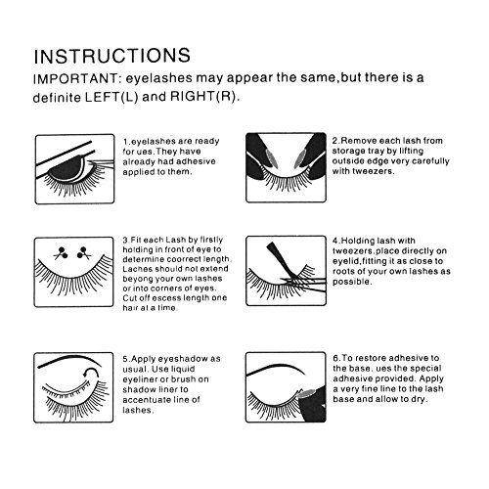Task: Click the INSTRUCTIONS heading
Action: pyautogui.click(x=112, y=56)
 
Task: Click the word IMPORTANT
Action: pyautogui.click(x=75, y=79)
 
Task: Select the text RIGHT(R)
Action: pyautogui.click(x=202, y=97)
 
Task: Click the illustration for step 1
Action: pyautogui.click(x=74, y=169)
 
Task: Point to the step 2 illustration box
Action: pyautogui.click(x=286, y=167)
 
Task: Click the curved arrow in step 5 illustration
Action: pyautogui.click(x=91, y=373)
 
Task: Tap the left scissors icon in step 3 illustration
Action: pyautogui.click(x=62, y=253)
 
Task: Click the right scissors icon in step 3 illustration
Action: pyautogui.click(x=84, y=253)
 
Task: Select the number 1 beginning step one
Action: pyautogui.click(x=125, y=142)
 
